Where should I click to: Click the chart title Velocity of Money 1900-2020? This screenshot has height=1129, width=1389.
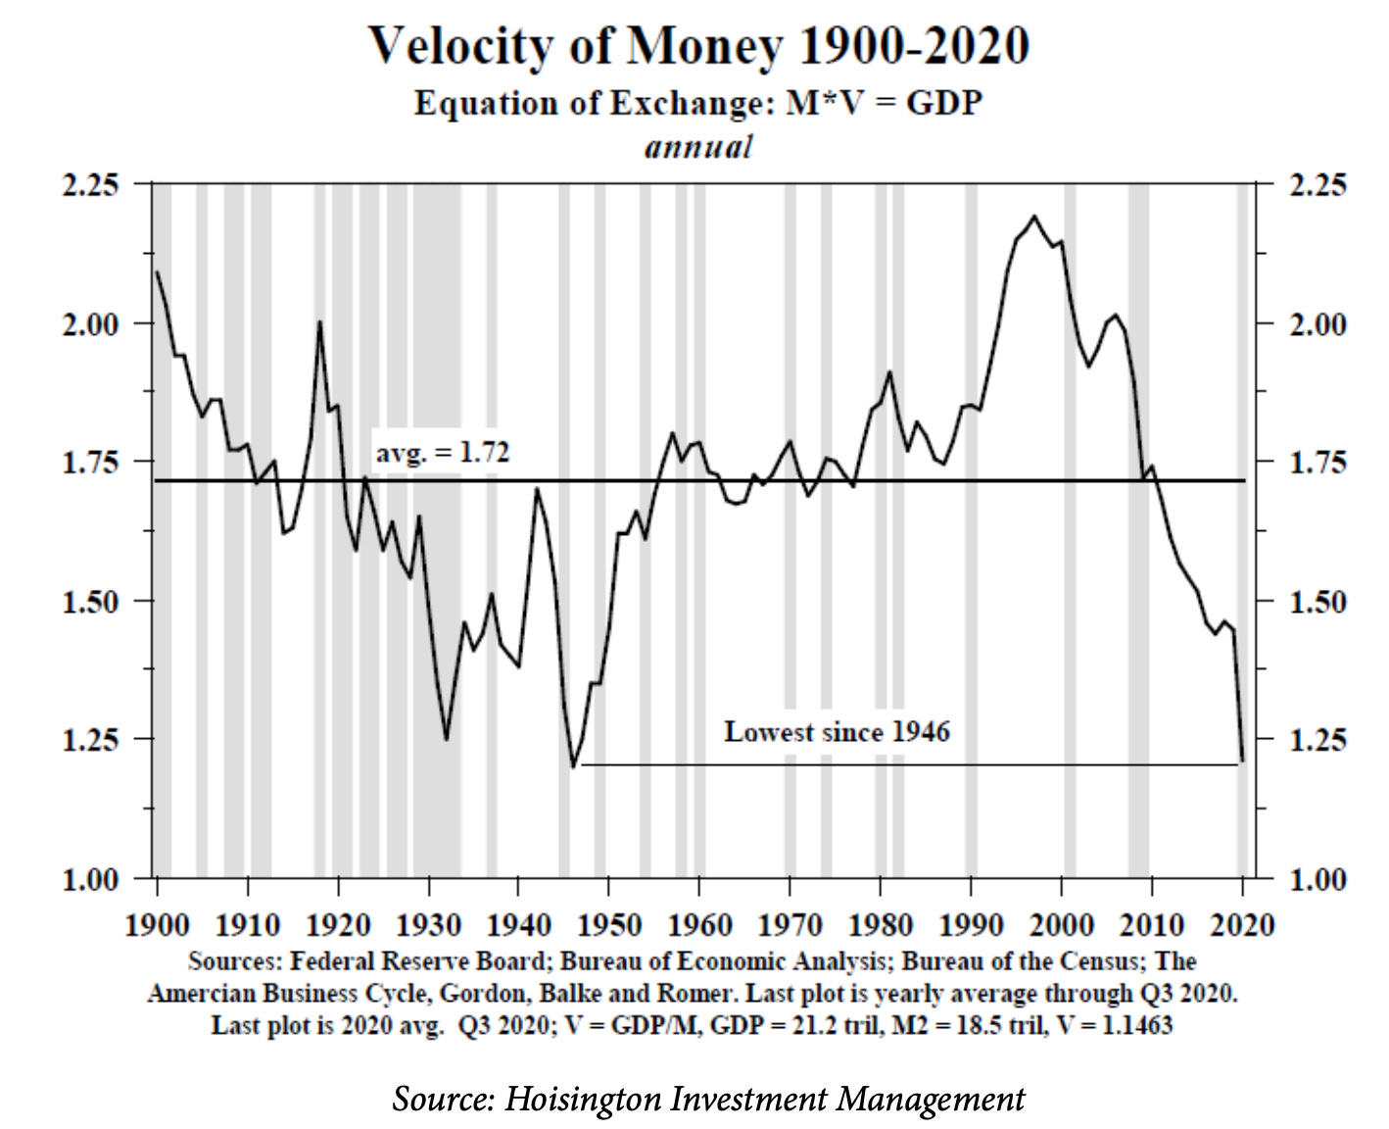point(698,46)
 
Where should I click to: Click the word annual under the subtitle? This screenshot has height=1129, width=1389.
point(698,147)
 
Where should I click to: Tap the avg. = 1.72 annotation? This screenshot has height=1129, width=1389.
point(443,453)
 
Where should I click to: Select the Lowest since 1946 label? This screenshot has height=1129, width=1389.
point(837,732)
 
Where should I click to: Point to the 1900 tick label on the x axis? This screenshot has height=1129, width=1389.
point(158,924)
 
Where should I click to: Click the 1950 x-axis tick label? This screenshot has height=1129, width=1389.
point(608,924)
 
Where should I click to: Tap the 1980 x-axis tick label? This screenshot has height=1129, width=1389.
point(880,924)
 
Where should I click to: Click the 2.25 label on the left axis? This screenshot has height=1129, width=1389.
point(90,184)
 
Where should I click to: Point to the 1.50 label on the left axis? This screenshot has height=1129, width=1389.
point(90,601)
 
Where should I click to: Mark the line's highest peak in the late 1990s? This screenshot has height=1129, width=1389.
point(1034,217)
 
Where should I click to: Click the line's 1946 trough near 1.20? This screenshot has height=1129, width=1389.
point(573,766)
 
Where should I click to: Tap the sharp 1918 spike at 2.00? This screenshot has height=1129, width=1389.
point(319,322)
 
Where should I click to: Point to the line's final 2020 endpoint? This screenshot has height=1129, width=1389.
point(1242,760)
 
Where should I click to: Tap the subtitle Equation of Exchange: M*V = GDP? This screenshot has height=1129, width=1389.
point(698,103)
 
